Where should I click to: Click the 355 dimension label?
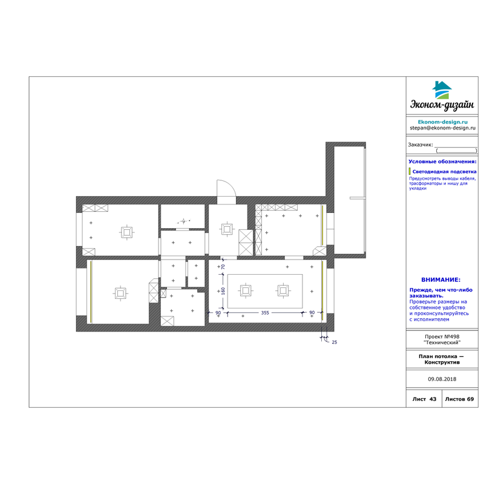click(265, 313)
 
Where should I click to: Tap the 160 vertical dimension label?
click(223, 291)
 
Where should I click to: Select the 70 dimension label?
click(223, 267)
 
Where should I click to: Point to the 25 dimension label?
click(335, 342)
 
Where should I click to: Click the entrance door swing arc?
click(231, 184)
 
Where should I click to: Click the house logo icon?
click(442, 90)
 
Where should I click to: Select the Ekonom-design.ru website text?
click(443, 122)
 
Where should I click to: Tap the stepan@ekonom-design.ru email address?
click(443, 128)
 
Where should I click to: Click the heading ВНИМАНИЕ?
click(441, 280)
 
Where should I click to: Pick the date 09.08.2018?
click(442, 379)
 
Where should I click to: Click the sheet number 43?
click(433, 399)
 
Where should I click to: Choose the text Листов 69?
click(459, 399)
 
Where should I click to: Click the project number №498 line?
click(442, 337)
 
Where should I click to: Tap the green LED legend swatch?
click(410, 171)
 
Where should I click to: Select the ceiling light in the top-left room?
click(126, 232)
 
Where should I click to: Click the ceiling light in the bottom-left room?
click(120, 293)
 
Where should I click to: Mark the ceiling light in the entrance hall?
click(227, 229)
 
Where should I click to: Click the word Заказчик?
click(420, 145)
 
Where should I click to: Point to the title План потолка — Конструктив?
click(442, 359)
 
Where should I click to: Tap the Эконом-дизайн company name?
click(442, 105)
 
